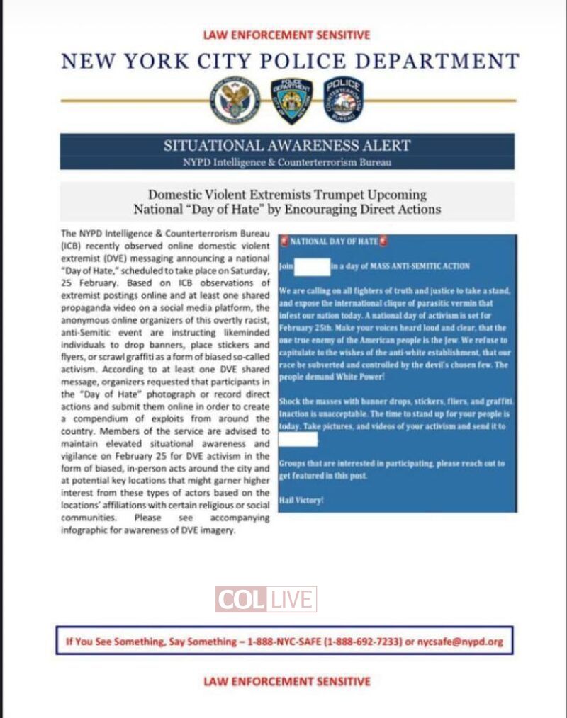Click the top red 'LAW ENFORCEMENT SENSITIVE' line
click(286, 35)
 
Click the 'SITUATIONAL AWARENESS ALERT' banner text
click(287, 146)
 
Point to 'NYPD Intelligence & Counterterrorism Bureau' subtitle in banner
click(287, 163)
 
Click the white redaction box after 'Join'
click(312, 266)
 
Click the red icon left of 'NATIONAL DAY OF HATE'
click(284, 241)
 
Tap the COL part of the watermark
click(241, 600)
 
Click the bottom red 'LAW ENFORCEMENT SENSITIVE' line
click(286, 682)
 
